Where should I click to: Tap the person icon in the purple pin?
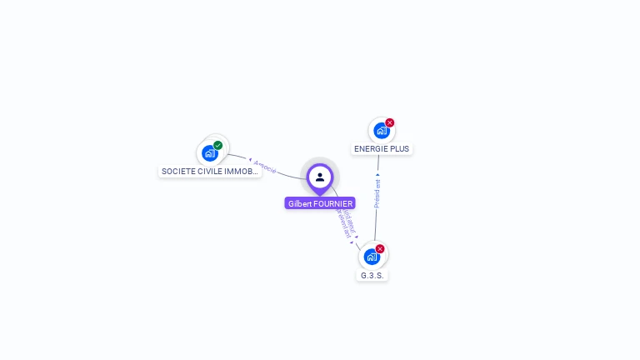coord(320,177)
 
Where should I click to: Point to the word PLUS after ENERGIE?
coord(398,149)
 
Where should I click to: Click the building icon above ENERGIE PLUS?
coord(381,131)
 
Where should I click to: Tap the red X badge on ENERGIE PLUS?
coord(389,123)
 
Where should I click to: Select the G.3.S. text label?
coord(372,275)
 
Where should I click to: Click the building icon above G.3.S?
coord(372,257)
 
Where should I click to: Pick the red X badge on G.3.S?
coord(380,249)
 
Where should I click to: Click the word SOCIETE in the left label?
coord(177,172)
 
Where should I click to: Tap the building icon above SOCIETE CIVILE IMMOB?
coord(209,153)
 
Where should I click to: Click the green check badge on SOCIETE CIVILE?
coord(218,146)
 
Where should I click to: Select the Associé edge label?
coord(266,166)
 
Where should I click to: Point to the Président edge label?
coord(377,193)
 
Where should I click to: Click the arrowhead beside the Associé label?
coord(250,159)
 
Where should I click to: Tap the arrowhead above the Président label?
coord(378,175)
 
